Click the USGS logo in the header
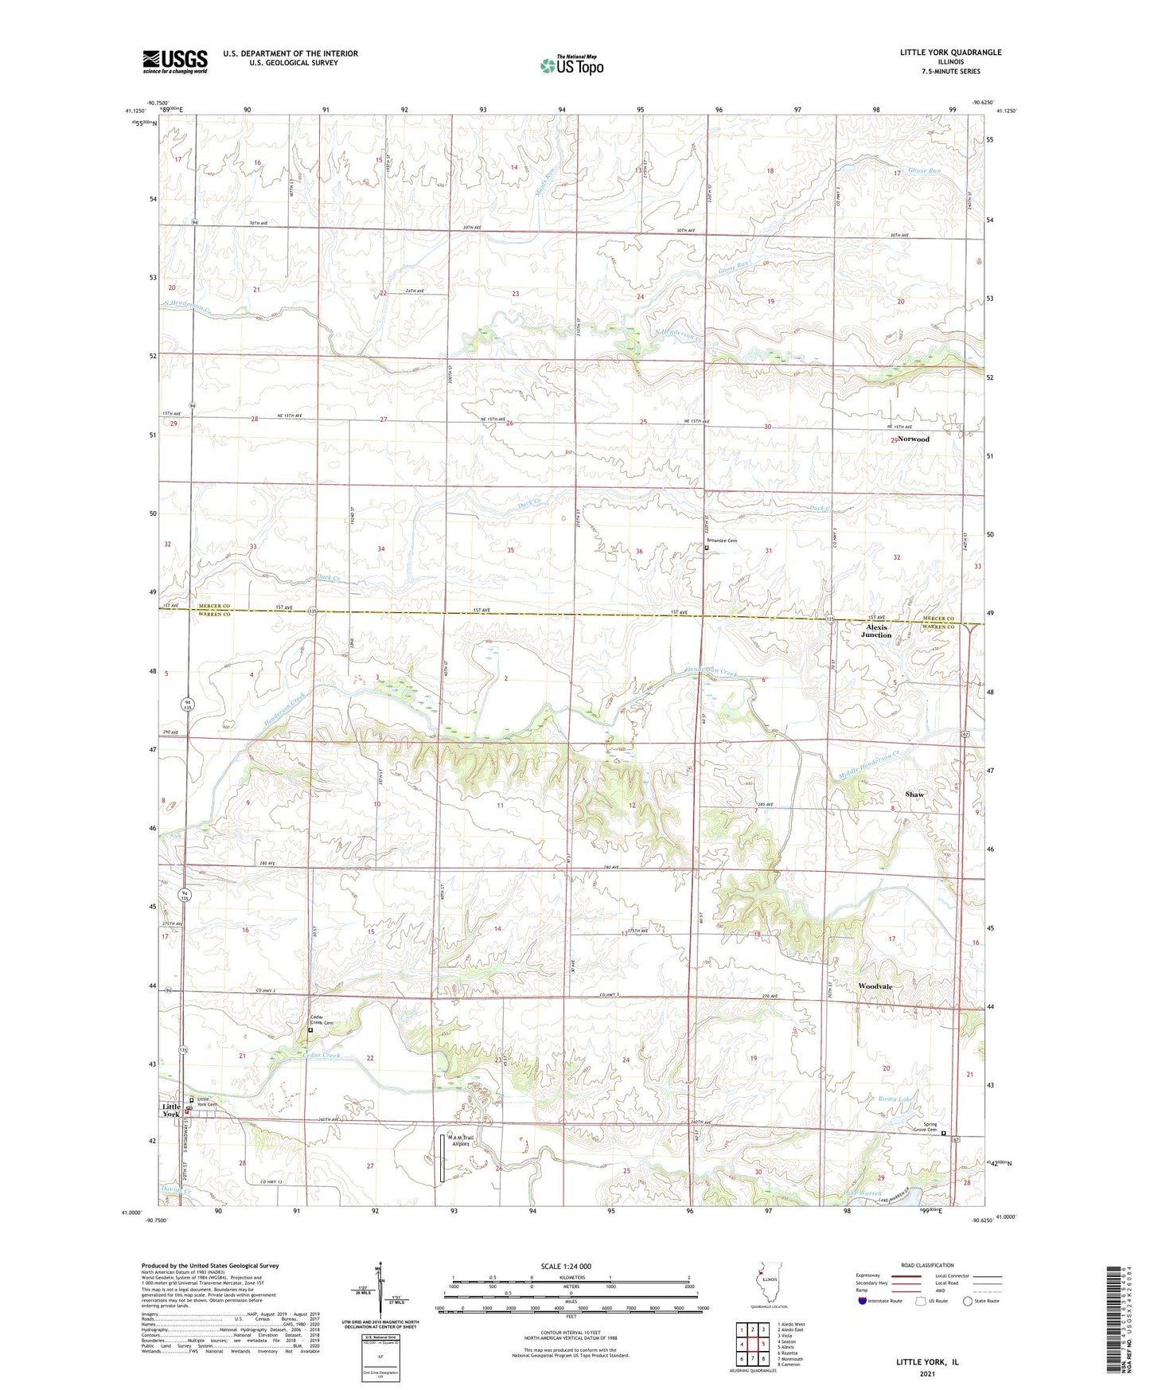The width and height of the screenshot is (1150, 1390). click(x=175, y=61)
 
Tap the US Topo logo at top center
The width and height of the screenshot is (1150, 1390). click(x=571, y=64)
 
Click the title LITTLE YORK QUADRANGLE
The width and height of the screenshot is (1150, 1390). click(x=950, y=53)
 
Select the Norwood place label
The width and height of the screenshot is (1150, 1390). click(x=913, y=439)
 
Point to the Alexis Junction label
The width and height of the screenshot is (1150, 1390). click(x=876, y=631)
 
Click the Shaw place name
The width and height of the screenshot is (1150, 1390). click(x=914, y=795)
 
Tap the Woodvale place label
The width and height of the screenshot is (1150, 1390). click(x=875, y=986)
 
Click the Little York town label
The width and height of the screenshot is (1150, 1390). click(x=172, y=1110)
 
